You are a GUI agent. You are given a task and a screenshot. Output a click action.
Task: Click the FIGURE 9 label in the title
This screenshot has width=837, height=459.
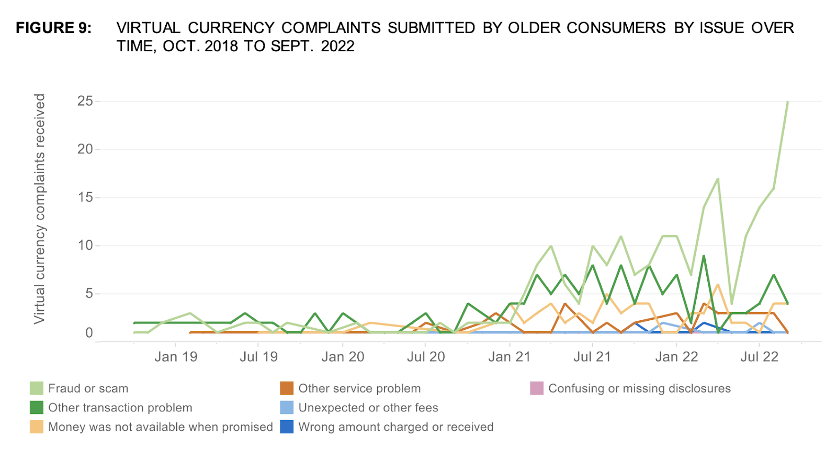pyautogui.click(x=53, y=28)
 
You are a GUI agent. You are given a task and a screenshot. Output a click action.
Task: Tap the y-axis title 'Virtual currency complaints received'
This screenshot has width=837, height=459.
pyautogui.click(x=40, y=209)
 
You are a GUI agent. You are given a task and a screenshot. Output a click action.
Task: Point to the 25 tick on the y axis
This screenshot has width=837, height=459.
pyautogui.click(x=85, y=101)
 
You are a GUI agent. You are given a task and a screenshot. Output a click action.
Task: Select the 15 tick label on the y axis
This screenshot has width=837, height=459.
pyautogui.click(x=85, y=197)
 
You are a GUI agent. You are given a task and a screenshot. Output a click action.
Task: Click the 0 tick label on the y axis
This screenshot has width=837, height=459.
pyautogui.click(x=89, y=333)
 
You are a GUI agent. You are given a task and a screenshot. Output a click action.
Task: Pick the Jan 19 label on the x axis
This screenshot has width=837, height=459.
pyautogui.click(x=176, y=357)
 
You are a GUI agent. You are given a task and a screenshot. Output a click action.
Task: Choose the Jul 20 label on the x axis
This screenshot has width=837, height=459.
pyautogui.click(x=426, y=357)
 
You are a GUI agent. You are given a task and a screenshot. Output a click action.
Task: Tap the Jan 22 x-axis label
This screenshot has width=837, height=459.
pyautogui.click(x=676, y=357)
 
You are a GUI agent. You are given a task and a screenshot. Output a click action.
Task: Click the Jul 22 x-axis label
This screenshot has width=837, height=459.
pyautogui.click(x=759, y=357)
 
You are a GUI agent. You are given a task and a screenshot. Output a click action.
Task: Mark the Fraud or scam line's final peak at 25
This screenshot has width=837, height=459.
pyautogui.click(x=787, y=102)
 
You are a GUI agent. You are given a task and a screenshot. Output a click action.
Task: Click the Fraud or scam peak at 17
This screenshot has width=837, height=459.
pyautogui.click(x=718, y=179)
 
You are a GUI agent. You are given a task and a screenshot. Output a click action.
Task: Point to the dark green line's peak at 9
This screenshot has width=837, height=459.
pyautogui.click(x=704, y=256)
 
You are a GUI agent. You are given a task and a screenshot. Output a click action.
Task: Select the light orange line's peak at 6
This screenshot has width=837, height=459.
pyautogui.click(x=718, y=285)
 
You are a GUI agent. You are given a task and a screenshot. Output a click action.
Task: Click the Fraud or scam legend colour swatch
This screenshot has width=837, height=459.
pyautogui.click(x=37, y=388)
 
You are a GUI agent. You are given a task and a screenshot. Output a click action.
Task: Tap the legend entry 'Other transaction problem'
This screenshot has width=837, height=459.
pyautogui.click(x=120, y=408)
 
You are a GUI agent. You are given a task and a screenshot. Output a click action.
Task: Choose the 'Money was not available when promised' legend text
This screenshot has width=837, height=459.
pyautogui.click(x=160, y=427)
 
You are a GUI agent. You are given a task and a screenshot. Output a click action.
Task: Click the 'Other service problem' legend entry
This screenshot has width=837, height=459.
pyautogui.click(x=359, y=388)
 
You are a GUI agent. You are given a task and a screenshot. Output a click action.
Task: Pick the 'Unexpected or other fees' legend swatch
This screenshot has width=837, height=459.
pyautogui.click(x=287, y=408)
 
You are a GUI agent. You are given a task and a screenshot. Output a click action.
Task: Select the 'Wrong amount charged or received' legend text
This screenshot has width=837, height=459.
pyautogui.click(x=395, y=427)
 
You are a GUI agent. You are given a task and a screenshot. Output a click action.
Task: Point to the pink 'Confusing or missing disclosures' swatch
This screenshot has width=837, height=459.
pyautogui.click(x=537, y=388)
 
